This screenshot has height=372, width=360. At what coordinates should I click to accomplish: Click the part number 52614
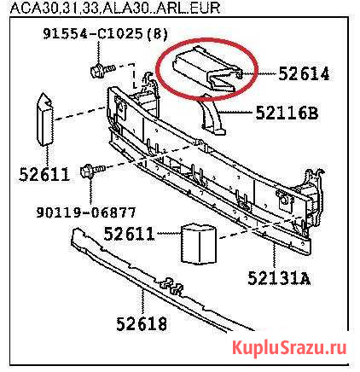pyautogui.click(x=304, y=74)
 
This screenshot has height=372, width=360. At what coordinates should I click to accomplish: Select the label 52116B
pyautogui.click(x=287, y=113)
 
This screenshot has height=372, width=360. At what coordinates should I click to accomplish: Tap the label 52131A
pyautogui.click(x=279, y=278)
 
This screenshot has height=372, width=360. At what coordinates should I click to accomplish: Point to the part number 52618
pyautogui.click(x=142, y=323)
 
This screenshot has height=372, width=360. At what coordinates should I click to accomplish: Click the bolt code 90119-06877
pyautogui.click(x=86, y=212)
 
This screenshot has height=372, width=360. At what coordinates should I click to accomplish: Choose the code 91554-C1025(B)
pyautogui.click(x=105, y=34)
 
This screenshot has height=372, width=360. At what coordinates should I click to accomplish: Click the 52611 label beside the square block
pyautogui.click(x=129, y=234)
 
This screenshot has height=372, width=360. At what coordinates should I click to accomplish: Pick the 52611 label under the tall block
pyautogui.click(x=44, y=174)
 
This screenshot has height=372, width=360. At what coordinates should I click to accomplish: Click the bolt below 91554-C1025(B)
pyautogui.click(x=102, y=70)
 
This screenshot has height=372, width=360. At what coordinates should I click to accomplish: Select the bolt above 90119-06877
pyautogui.click(x=93, y=171)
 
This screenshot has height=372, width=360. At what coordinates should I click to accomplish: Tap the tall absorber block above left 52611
pyautogui.click(x=45, y=119)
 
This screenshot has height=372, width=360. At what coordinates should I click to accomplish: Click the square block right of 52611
pyautogui.click(x=199, y=244)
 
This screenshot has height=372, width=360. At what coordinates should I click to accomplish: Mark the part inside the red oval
pyautogui.click(x=206, y=69)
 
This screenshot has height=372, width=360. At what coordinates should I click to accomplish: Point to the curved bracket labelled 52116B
pyautogui.click(x=212, y=117)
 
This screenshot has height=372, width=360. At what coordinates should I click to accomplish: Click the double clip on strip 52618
pyautogui.click(x=171, y=286)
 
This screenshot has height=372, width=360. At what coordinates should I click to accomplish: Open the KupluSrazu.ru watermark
pyautogui.click(x=289, y=347)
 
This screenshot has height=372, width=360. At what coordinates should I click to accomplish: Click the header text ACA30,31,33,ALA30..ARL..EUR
pyautogui.click(x=115, y=8)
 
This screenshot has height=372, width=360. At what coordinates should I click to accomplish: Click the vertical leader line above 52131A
pyautogui.click(x=274, y=255)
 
